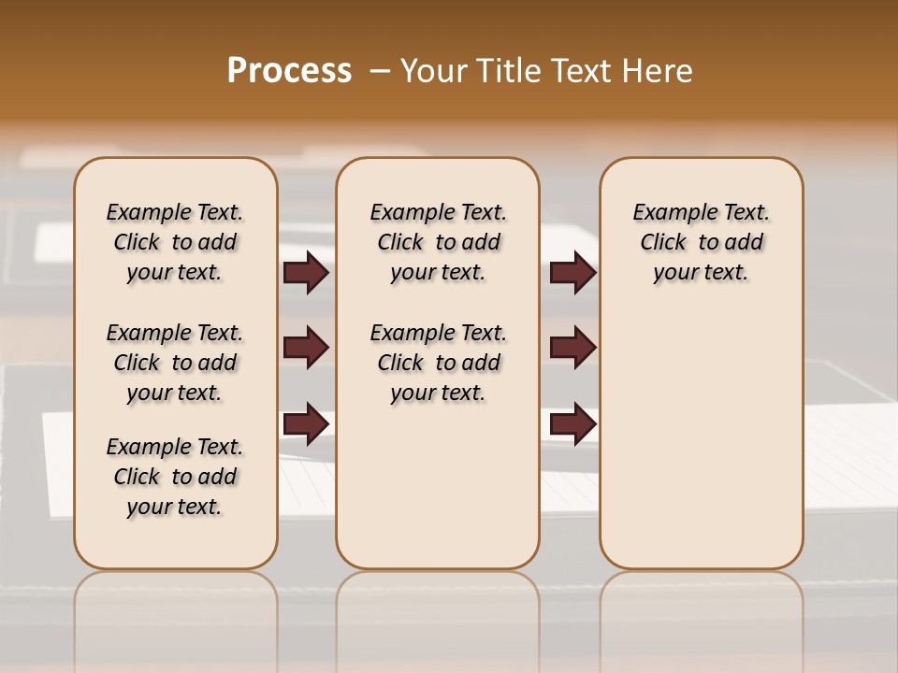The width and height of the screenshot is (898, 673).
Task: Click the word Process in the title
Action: tap(289, 71)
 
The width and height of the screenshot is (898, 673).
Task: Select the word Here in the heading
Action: tap(659, 71)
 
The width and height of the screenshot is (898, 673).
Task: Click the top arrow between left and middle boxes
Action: tap(306, 272)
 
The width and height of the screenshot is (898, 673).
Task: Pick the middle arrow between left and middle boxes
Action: tap(306, 348)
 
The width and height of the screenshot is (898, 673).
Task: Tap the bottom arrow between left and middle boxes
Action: tap(306, 423)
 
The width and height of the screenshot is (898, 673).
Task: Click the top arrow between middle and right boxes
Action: tap(572, 272)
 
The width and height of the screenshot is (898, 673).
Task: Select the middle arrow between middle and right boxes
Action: tap(572, 348)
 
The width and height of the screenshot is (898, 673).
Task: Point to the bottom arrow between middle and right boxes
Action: tap(572, 423)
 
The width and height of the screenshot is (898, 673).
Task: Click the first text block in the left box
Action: tap(175, 242)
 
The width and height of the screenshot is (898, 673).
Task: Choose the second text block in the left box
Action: tap(175, 363)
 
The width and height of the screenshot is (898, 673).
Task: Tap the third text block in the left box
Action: tap(175, 477)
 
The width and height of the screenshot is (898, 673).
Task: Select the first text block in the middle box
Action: tap(438, 242)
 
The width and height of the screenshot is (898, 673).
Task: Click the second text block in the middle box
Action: tap(438, 363)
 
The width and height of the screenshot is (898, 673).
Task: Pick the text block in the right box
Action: tap(701, 242)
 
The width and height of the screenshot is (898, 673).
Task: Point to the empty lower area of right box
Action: tap(701, 449)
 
